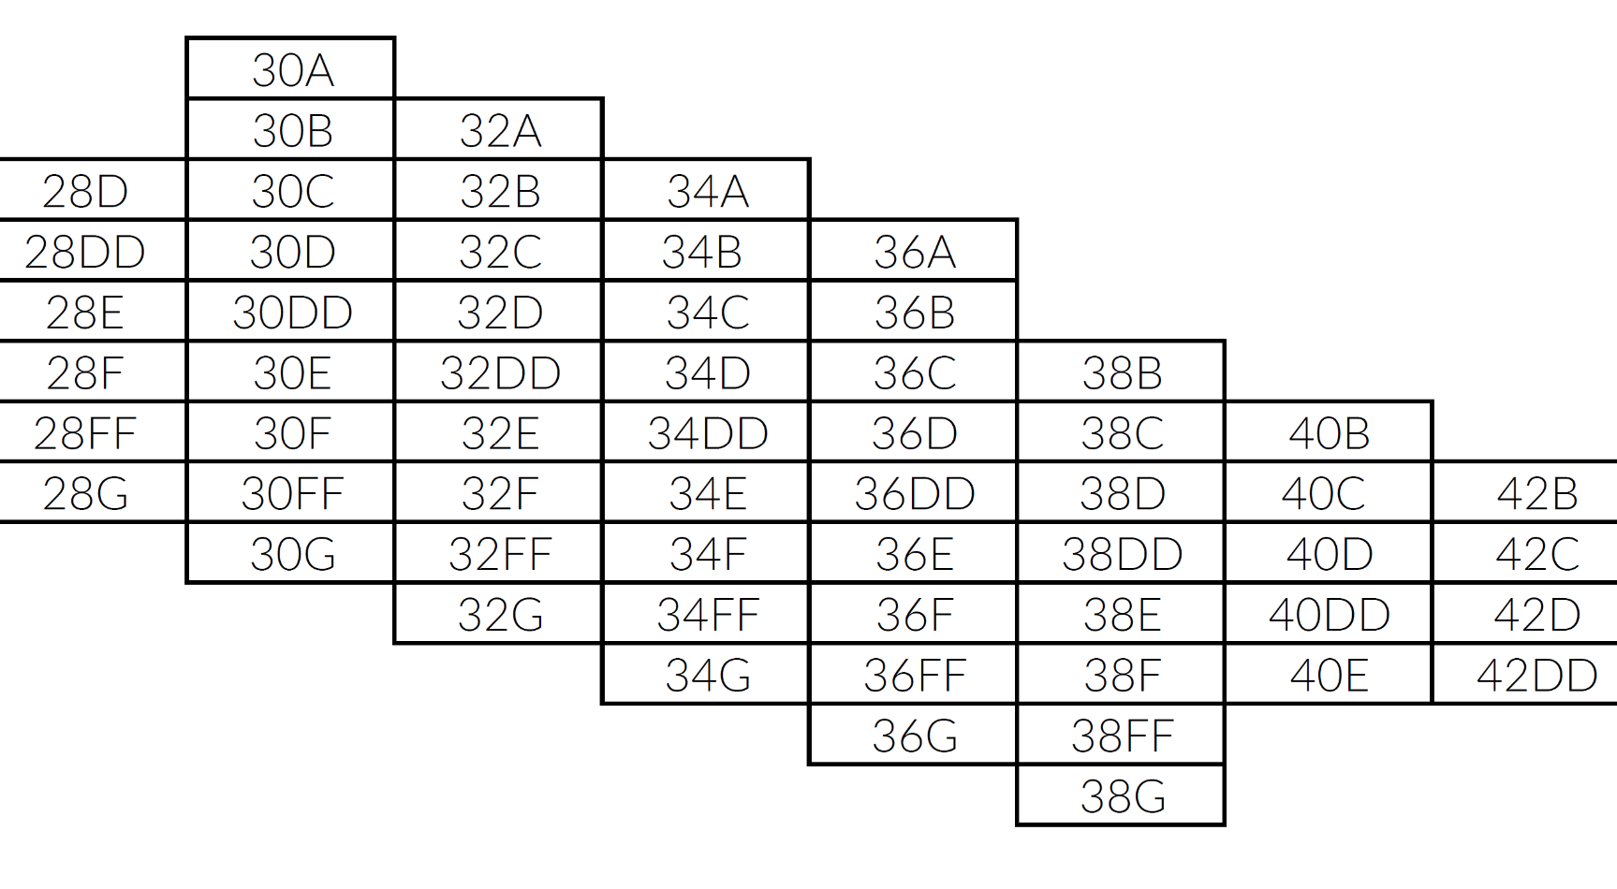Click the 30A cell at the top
pos(292,70)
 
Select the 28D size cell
pos(85,192)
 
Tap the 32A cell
pos(500,131)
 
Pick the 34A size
pos(707,192)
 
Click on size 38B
pos(1122,373)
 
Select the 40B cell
pos(1329,433)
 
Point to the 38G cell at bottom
pos(1122,796)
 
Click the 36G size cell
pos(914,736)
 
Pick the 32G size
pos(500,615)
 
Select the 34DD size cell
pos(707,433)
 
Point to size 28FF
pos(85,433)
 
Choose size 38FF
pos(1122,736)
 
